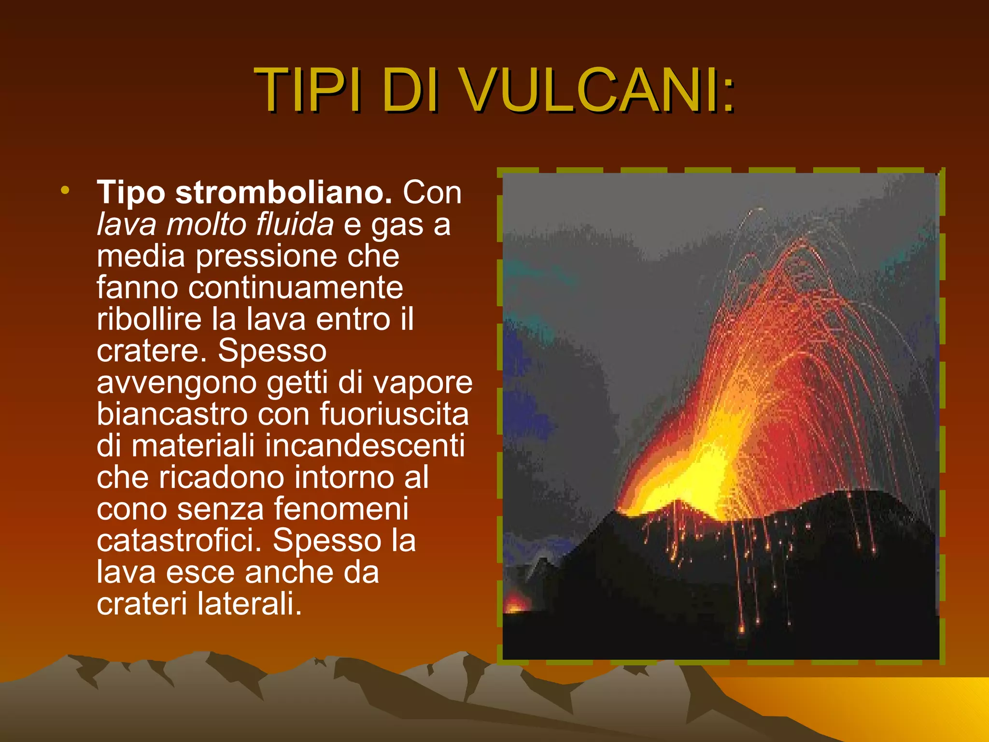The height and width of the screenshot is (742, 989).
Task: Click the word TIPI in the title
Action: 307,90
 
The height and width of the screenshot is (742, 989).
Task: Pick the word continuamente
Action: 296,288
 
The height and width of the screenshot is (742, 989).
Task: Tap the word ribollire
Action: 149,319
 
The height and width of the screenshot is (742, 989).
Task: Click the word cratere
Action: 151,351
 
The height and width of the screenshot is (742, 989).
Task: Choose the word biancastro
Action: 172,414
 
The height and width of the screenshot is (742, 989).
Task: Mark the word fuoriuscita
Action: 394,414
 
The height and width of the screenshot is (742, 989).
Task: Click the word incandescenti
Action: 365,446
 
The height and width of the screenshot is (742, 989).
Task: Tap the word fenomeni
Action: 341,509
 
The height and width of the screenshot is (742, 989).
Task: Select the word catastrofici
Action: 179,541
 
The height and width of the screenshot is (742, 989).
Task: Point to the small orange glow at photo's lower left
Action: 516,604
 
